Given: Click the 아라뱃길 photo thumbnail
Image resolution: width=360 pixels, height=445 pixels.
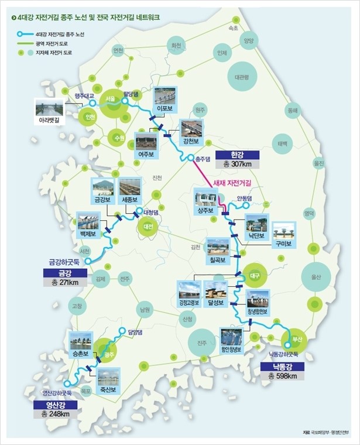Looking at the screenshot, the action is pyautogui.click(x=49, y=108).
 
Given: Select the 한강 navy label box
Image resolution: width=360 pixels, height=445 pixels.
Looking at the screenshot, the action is pyautogui.click(x=236, y=155).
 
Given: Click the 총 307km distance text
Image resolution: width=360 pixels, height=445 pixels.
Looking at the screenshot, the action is pyautogui.click(x=236, y=165).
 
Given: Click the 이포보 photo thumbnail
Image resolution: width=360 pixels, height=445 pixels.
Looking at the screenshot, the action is pyautogui.click(x=165, y=97).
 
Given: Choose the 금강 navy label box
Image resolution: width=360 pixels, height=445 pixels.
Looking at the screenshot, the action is pyautogui.click(x=65, y=273).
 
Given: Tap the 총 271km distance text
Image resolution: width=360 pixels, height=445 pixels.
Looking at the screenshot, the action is pyautogui.click(x=65, y=283).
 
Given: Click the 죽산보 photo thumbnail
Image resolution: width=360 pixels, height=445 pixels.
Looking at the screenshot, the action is pyautogui.click(x=109, y=377).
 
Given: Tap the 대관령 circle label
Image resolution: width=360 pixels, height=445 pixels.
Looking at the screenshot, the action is pyautogui.click(x=242, y=77).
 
